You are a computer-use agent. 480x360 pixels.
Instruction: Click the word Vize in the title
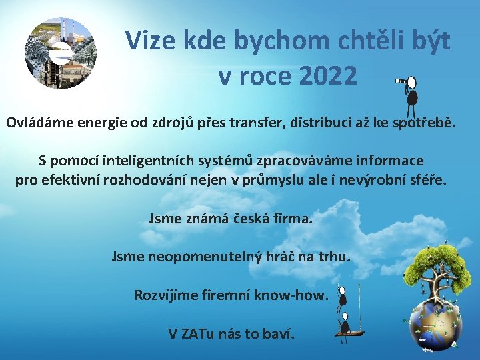click(x=151, y=41)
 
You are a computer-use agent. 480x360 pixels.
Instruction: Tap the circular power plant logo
click(x=61, y=53)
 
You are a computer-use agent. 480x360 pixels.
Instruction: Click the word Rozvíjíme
click(x=166, y=295)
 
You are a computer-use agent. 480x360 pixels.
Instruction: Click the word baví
click(x=277, y=333)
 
